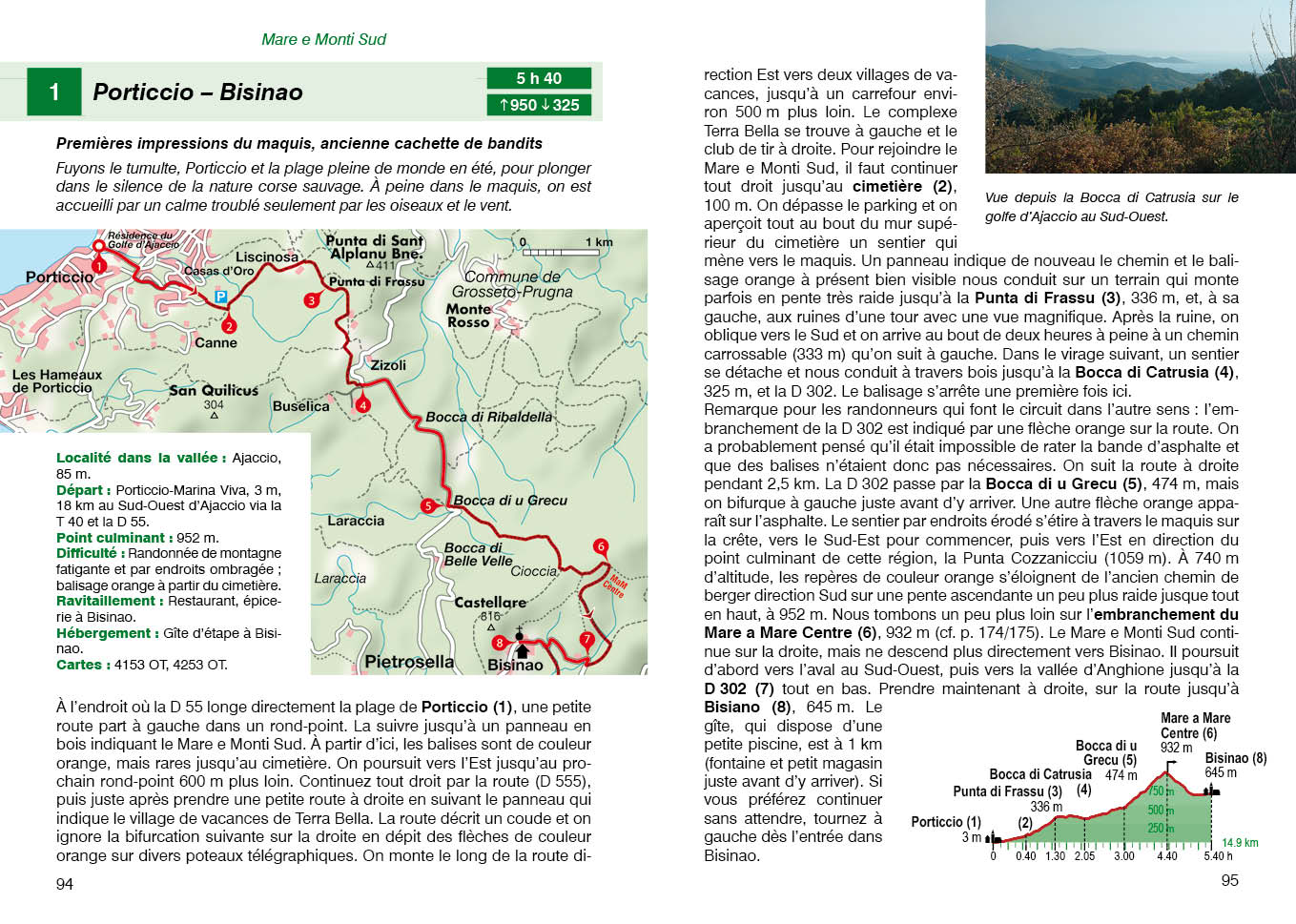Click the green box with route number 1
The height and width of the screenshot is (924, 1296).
pyautogui.click(x=53, y=92)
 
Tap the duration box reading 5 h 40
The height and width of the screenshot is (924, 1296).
pyautogui.click(x=539, y=78)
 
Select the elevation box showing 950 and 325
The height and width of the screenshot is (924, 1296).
pyautogui.click(x=539, y=105)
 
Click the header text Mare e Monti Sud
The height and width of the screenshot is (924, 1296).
pyautogui.click(x=323, y=39)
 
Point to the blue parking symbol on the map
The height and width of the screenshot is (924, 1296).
pyautogui.click(x=221, y=298)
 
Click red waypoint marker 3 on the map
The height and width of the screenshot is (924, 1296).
pyautogui.click(x=311, y=300)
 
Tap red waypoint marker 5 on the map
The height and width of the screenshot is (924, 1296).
pyautogui.click(x=428, y=506)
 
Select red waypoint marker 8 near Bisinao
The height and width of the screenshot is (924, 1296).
pyautogui.click(x=499, y=643)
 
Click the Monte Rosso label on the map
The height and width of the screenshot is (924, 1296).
pyautogui.click(x=468, y=316)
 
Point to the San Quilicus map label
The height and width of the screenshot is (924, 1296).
pyautogui.click(x=214, y=390)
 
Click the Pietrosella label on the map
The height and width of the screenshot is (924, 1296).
pyautogui.click(x=409, y=661)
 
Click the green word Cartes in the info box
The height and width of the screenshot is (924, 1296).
pyautogui.click(x=79, y=665)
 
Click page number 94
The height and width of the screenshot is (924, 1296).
pyautogui.click(x=64, y=884)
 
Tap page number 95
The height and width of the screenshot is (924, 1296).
pyautogui.click(x=1229, y=880)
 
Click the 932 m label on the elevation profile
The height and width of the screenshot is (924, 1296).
pyautogui.click(x=1176, y=748)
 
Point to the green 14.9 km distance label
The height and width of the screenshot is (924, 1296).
pyautogui.click(x=1240, y=842)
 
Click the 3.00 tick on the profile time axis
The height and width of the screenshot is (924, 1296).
pyautogui.click(x=1124, y=855)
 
